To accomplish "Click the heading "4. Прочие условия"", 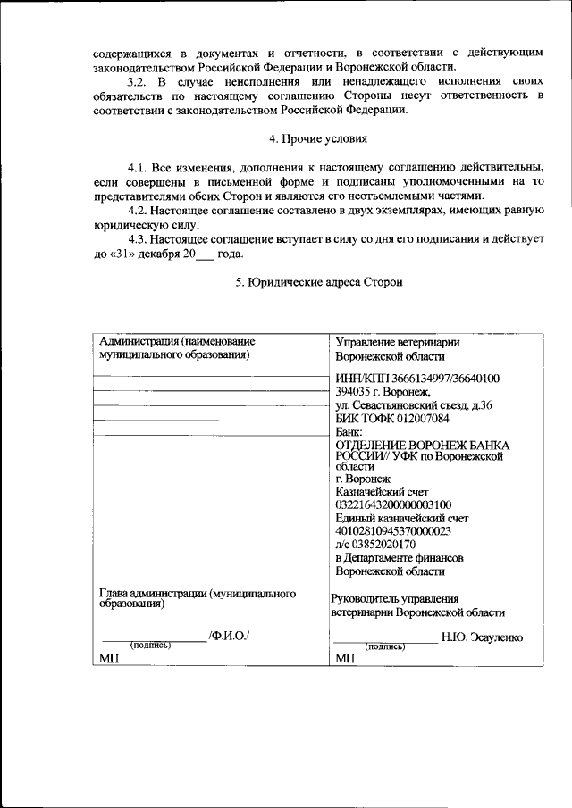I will (x=318, y=139).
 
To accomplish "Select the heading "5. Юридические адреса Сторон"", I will (x=318, y=282).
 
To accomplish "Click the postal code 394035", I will (x=354, y=391).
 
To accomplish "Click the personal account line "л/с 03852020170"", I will (x=375, y=545).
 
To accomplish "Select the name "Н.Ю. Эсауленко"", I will (x=482, y=637).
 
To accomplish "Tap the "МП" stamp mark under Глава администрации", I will (x=108, y=659).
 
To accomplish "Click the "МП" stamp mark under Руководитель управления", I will (x=344, y=659).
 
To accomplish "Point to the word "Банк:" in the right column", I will (x=349, y=431).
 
